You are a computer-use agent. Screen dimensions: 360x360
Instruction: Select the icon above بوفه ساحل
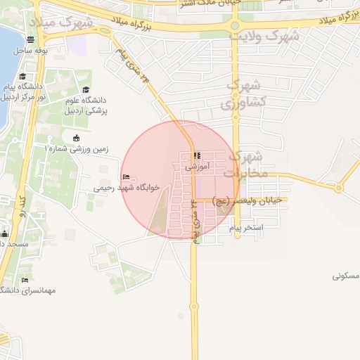coord(31,41)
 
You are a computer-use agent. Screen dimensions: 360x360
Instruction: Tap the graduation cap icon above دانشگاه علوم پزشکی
coord(86,90)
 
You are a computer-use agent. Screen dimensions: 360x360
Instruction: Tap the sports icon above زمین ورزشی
coord(76,137)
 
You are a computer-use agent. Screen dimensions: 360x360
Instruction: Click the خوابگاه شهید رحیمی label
coord(127,188)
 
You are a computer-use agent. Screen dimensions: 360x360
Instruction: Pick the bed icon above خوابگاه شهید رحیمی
coord(126,176)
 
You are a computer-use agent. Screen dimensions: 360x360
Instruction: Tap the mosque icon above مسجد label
coord(5,234)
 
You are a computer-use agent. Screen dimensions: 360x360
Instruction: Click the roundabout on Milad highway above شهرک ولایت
coord(235,27)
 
